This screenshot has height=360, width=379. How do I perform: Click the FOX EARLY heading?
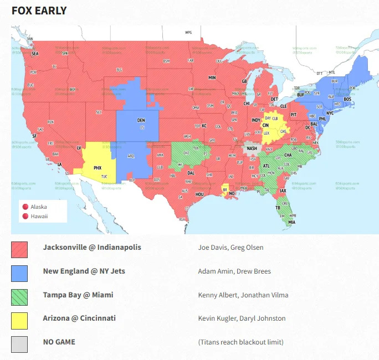[x=39, y=11]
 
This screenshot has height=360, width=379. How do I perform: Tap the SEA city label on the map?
[x=35, y=54]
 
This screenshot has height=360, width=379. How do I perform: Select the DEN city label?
[x=141, y=120]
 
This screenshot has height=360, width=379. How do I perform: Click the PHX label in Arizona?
[x=98, y=167]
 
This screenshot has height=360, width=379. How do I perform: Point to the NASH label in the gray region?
[x=252, y=148]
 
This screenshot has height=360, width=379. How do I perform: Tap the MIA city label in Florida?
[x=291, y=222]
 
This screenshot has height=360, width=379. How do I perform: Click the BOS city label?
[x=347, y=99]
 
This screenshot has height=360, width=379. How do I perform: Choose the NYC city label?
[x=330, y=113]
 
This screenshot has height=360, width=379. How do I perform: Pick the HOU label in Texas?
[x=199, y=194]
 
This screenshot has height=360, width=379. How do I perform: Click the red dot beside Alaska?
[x=24, y=207]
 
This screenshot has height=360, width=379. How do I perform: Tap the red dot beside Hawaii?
[x=24, y=217]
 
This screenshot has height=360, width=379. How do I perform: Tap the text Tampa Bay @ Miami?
[x=78, y=295]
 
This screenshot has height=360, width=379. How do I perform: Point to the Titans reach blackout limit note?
[x=240, y=342]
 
